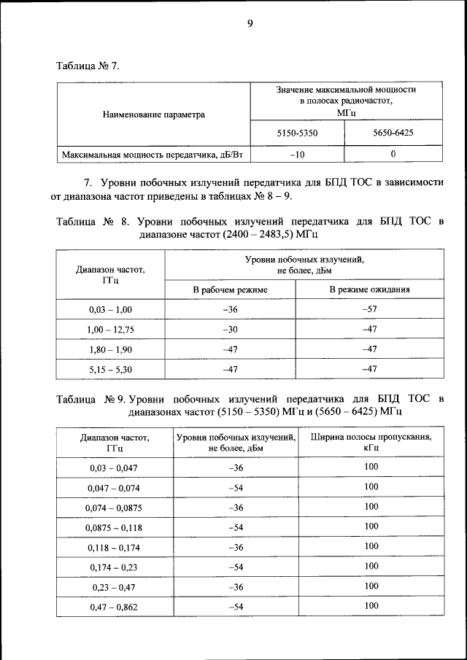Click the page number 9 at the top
[249, 24]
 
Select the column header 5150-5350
[297, 133]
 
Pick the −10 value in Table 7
[297, 155]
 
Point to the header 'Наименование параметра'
[154, 114]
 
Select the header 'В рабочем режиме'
[230, 290]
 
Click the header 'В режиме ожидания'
[369, 290]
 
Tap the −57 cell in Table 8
[369, 309]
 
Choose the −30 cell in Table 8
[230, 330]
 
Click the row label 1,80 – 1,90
[110, 349]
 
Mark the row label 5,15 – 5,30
[110, 370]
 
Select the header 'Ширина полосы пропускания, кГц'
[371, 443]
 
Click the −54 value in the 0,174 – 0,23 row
[236, 567]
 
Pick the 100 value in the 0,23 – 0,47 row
[371, 586]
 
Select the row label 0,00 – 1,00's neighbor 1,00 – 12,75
[110, 330]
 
